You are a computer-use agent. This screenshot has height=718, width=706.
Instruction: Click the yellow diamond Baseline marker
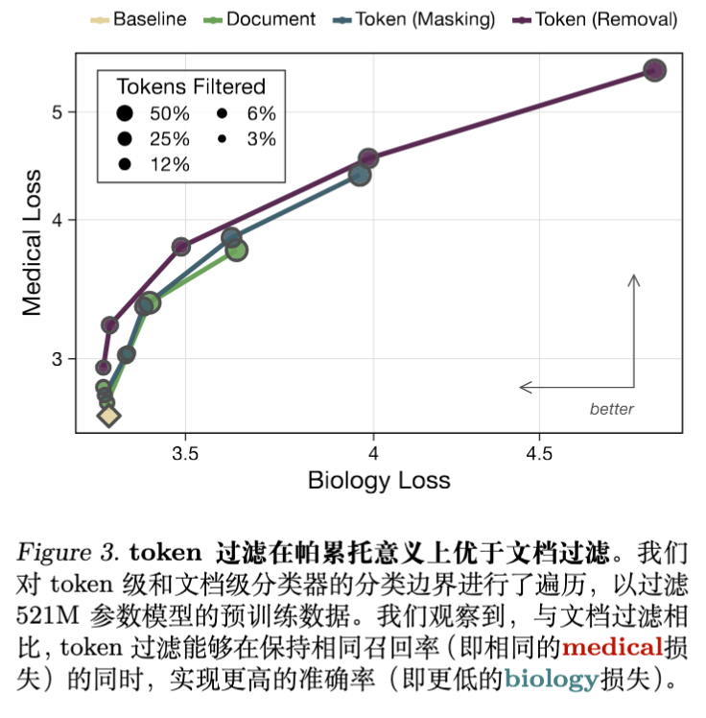tap(108, 415)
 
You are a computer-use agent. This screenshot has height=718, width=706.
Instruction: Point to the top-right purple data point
tap(654, 70)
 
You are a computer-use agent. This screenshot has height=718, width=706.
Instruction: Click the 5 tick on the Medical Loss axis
tap(58, 111)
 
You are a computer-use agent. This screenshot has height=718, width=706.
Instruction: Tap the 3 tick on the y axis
tap(58, 359)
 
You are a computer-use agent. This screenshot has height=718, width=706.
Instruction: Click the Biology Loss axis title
tap(378, 480)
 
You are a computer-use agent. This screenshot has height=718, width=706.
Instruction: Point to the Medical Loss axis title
tap(32, 242)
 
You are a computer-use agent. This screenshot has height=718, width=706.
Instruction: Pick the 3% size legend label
tap(261, 138)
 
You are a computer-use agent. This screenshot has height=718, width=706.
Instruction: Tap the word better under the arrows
tap(611, 409)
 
